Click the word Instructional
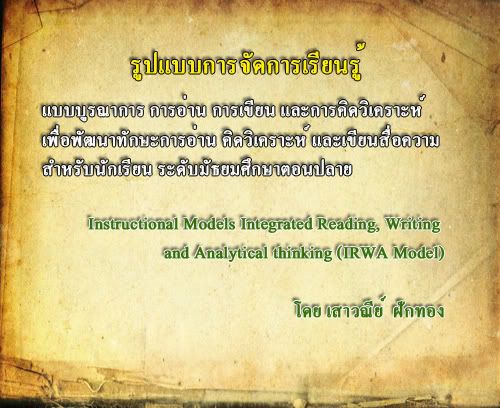click(x=133, y=224)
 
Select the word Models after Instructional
click(x=209, y=224)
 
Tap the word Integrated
click(x=276, y=224)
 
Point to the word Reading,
click(x=349, y=224)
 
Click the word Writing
click(x=413, y=224)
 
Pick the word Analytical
click(x=231, y=253)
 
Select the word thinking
click(x=303, y=253)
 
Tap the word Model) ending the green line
click(x=419, y=253)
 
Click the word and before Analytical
click(x=176, y=253)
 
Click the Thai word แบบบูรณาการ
click(x=93, y=111)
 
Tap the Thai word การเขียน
click(x=243, y=110)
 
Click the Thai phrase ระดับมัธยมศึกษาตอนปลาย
click(x=255, y=169)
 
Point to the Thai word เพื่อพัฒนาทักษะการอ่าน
click(x=129, y=140)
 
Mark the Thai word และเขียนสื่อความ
click(x=375, y=140)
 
